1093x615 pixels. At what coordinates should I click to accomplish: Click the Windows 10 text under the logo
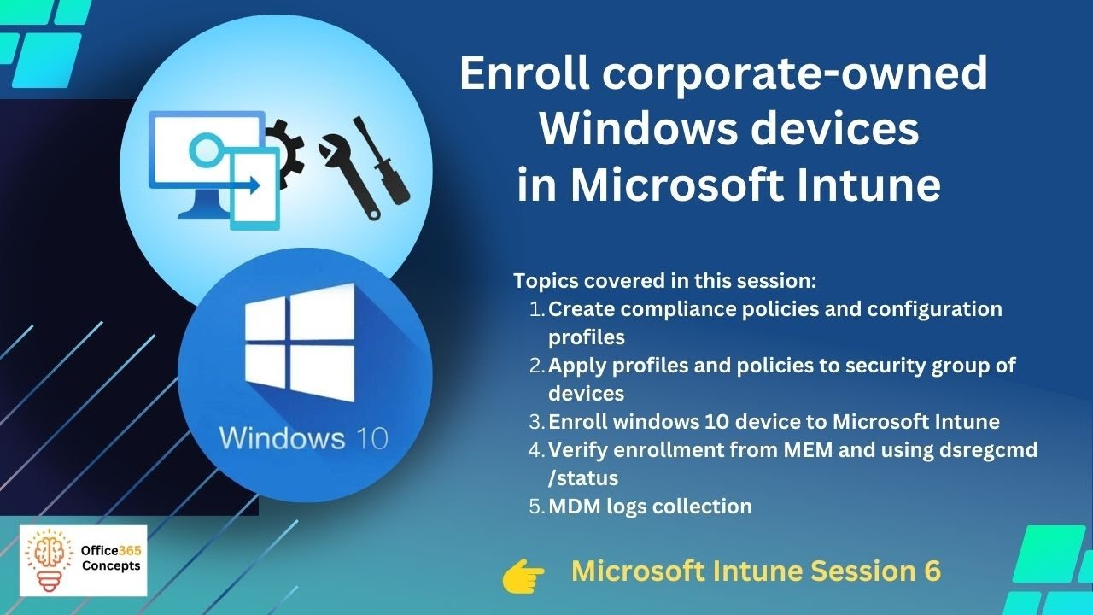[303, 438]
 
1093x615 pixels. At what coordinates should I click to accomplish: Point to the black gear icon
[283, 146]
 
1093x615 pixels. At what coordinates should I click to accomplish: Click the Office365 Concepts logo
[83, 560]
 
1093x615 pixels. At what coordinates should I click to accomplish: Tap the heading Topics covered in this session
[654, 281]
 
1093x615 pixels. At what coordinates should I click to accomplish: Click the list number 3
[535, 422]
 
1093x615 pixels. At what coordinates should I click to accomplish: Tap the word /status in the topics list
[582, 477]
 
